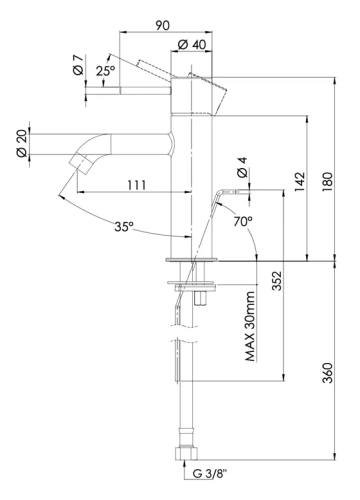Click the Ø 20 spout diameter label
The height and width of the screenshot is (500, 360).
coord(20,142)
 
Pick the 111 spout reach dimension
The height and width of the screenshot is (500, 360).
coord(137,184)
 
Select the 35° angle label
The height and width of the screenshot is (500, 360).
coord(123,227)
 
